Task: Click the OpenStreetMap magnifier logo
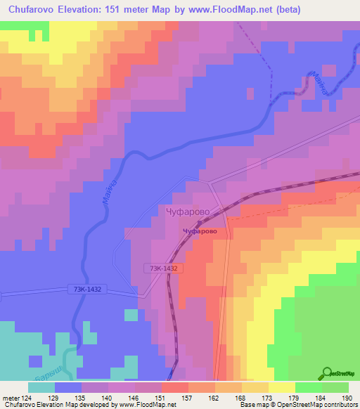(x=328, y=372)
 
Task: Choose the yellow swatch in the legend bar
(x=281, y=387)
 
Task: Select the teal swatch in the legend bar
(x=41, y=387)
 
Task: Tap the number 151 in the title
(x=132, y=9)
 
